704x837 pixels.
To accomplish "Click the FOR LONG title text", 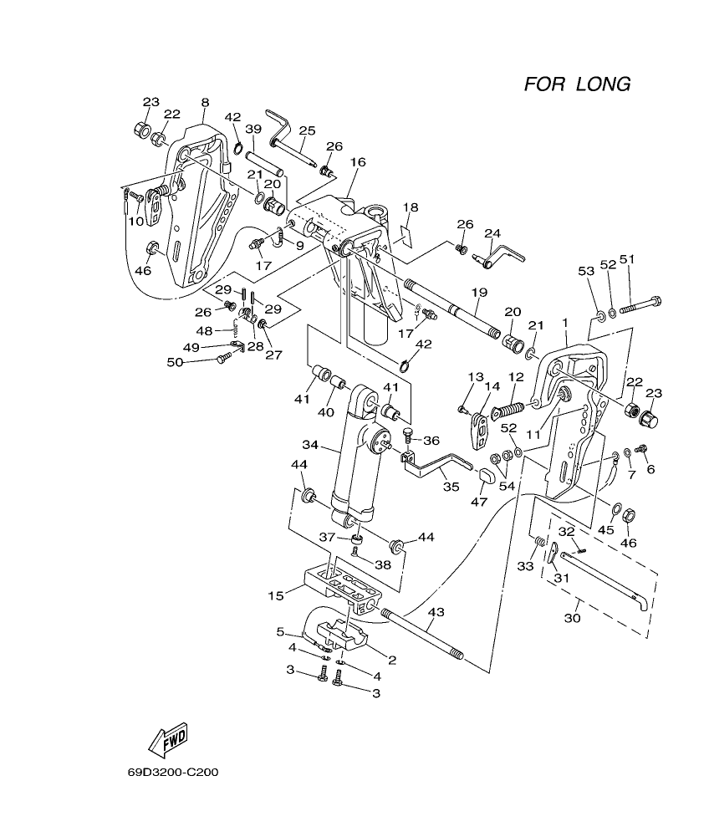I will (x=577, y=84).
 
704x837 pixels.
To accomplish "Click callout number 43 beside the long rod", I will (x=436, y=612).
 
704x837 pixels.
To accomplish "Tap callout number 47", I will (x=478, y=502).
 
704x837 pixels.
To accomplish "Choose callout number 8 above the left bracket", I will (x=205, y=103).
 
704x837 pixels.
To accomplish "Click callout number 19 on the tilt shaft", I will (x=478, y=293).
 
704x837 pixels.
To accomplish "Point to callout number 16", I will (x=358, y=161).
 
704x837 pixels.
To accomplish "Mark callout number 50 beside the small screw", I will (x=174, y=361).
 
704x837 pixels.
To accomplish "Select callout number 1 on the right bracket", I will (x=565, y=322).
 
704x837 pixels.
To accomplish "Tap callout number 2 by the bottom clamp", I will (x=391, y=661).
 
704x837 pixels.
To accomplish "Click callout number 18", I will (x=410, y=207).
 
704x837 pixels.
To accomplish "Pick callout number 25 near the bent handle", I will (x=307, y=130).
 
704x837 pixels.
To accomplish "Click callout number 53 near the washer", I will (x=586, y=271).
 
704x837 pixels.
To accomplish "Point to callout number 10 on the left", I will (x=135, y=222).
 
